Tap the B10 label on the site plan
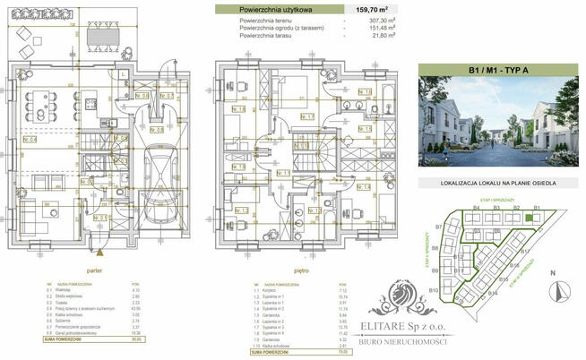click(x=433, y=291)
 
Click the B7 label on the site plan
click(x=438, y=227)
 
